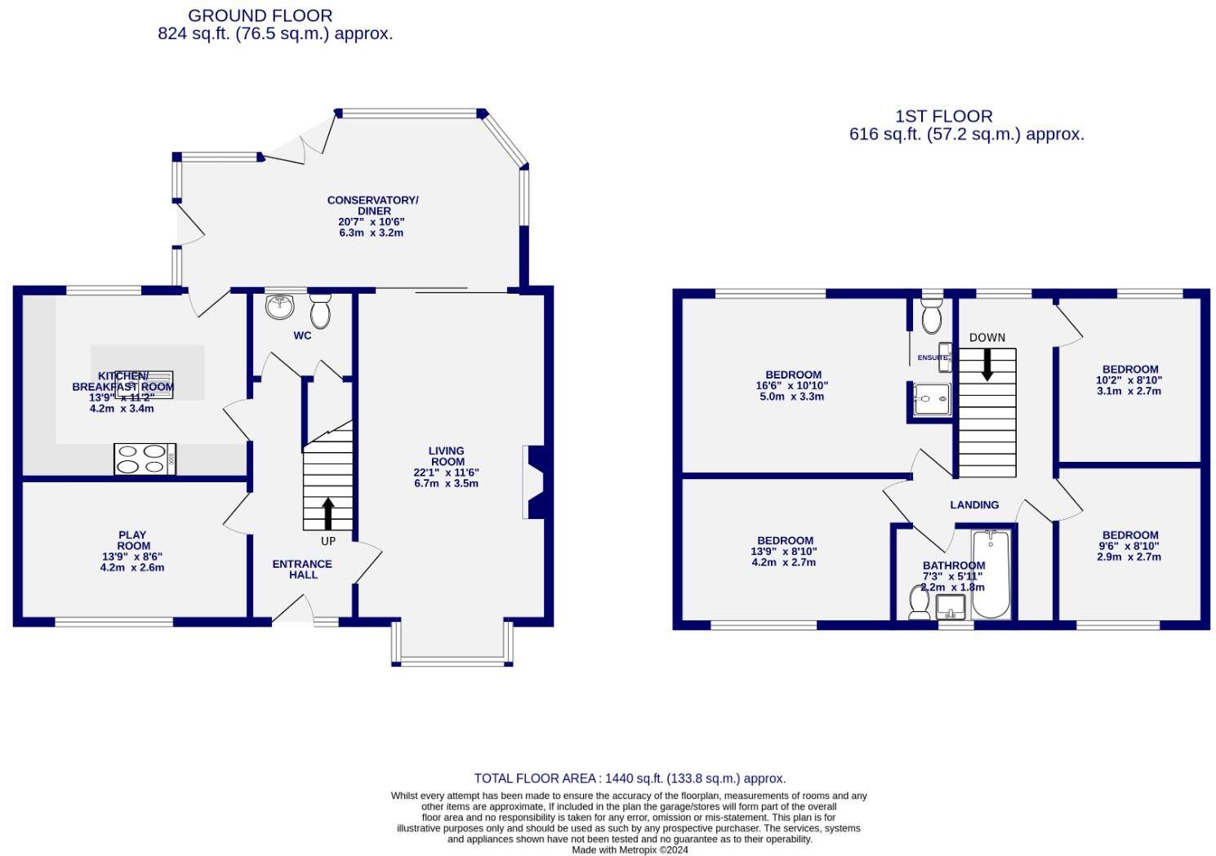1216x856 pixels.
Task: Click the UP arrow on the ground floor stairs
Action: pyautogui.click(x=328, y=513)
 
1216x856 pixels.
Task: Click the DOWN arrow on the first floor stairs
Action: pyautogui.click(x=987, y=365)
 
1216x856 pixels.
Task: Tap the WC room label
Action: pyautogui.click(x=302, y=335)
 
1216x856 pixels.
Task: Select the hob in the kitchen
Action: pyautogui.click(x=145, y=458)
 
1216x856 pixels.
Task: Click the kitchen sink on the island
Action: pyautogui.click(x=144, y=384)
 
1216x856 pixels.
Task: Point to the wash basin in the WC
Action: pyautogui.click(x=279, y=307)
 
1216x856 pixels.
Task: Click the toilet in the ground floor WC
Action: pyautogui.click(x=320, y=310)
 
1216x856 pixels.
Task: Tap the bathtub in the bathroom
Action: pyautogui.click(x=991, y=574)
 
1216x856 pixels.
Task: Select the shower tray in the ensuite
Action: pyautogui.click(x=931, y=399)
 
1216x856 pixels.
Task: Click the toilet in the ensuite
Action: pyautogui.click(x=931, y=315)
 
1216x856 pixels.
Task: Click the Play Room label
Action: pyautogui.click(x=132, y=541)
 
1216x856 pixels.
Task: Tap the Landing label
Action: pyautogui.click(x=973, y=505)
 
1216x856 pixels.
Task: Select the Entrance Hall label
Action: pyautogui.click(x=302, y=569)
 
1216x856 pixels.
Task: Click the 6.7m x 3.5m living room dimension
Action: pyautogui.click(x=446, y=483)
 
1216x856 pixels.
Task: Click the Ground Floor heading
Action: pyautogui.click(x=260, y=16)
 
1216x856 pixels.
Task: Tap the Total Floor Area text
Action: pyautogui.click(x=630, y=778)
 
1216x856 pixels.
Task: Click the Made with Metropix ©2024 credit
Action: pyautogui.click(x=630, y=849)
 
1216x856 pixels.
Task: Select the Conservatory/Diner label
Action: pyautogui.click(x=372, y=205)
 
